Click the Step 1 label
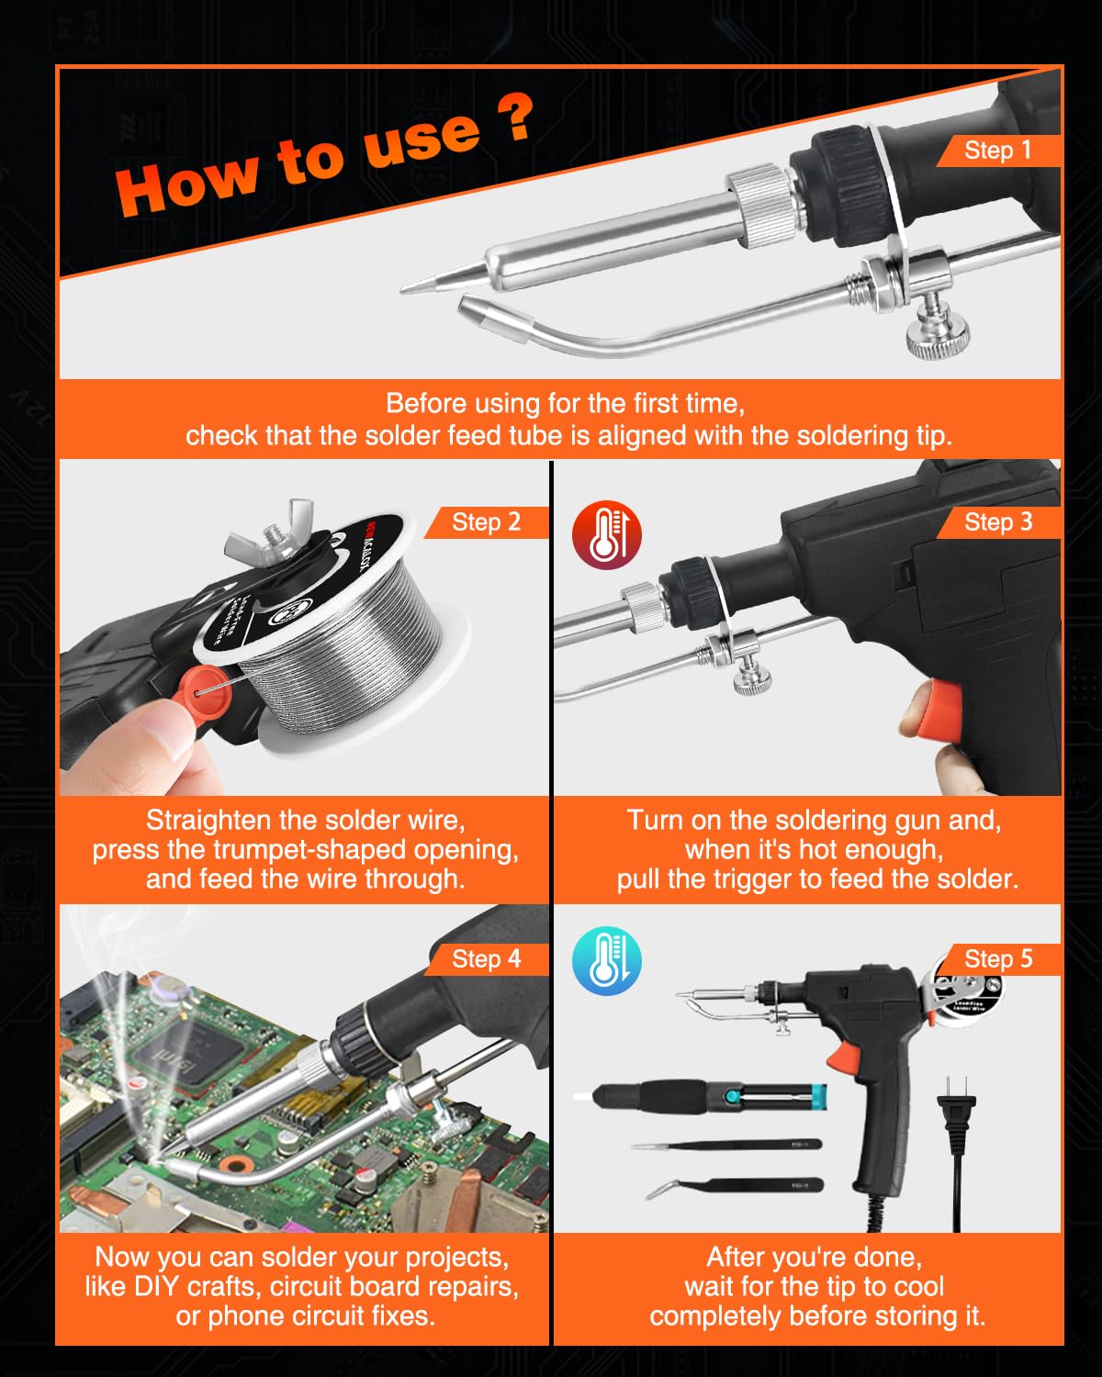(997, 151)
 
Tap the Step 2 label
(486, 522)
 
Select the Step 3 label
(997, 522)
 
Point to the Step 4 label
(486, 959)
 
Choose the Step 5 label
(997, 959)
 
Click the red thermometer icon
(606, 536)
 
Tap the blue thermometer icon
(606, 961)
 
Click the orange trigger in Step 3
(939, 711)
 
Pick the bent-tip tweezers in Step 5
(735, 1187)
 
